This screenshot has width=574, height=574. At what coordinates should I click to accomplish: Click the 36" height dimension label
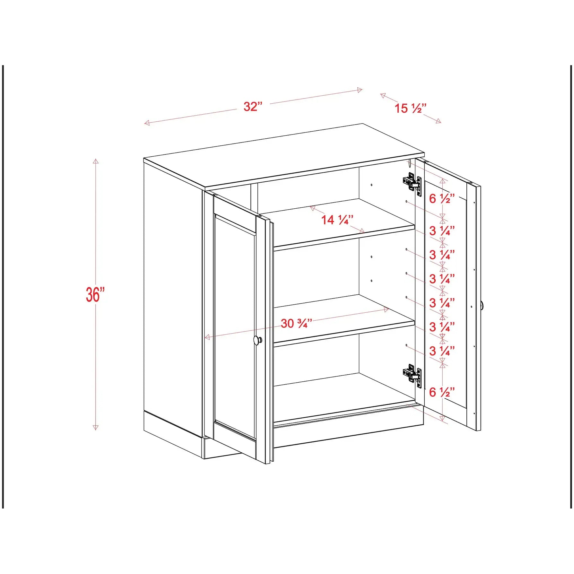pos(95,294)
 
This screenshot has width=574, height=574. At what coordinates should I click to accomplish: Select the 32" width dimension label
pos(253,106)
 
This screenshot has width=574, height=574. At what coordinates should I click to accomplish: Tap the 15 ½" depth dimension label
pos(410,108)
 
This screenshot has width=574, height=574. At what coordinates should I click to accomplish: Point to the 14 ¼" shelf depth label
pos(337,220)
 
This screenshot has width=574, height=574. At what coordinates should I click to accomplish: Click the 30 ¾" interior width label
pos(296,323)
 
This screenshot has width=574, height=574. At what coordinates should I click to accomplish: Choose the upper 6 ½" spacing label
pos(442,199)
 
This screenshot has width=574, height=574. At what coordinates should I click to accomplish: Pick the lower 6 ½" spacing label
pos(442,392)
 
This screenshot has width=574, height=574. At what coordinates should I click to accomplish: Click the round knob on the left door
pos(257,340)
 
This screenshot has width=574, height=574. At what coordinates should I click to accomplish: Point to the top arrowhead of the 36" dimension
pos(96,161)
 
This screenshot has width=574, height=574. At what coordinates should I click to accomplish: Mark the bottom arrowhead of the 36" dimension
pos(96,427)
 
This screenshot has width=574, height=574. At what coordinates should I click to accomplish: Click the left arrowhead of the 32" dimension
pos(147,123)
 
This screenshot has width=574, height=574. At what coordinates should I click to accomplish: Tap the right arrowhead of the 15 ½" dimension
pos(439,121)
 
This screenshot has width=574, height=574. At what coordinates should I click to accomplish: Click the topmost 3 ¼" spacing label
pos(442,231)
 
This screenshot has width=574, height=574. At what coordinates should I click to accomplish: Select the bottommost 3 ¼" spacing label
pos(442,351)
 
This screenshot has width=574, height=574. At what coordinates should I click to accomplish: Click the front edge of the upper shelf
pos(344,238)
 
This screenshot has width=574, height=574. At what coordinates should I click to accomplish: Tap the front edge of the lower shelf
pos(344,334)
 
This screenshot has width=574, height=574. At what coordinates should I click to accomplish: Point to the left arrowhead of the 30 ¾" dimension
pos(207,337)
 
